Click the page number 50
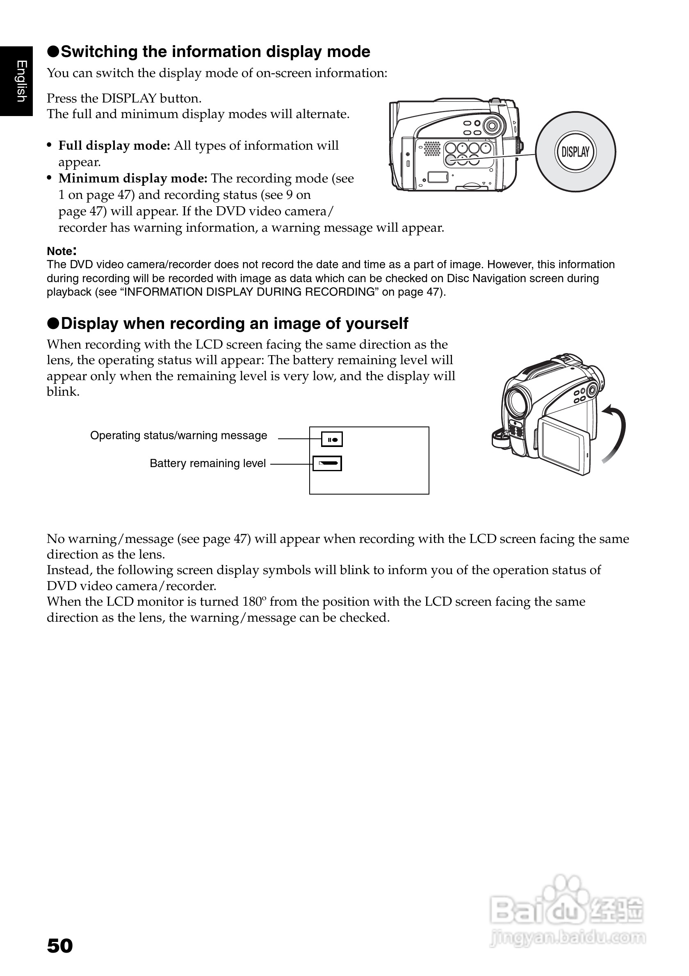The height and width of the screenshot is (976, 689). pos(60,946)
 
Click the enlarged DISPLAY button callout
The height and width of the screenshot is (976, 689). pos(575,152)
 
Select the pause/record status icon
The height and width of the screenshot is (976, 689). pos(331,440)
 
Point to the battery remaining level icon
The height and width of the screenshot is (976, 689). pos(327,463)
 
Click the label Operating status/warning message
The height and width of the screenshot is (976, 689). pos(178,436)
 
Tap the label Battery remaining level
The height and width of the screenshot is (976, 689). pos(208,463)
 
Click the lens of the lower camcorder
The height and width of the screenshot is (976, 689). pos(518,402)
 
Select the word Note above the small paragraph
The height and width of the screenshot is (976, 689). pos(60,251)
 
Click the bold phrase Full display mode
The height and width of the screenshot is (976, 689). pos(114,146)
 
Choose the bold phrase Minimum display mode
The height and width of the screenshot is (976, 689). pos(132,178)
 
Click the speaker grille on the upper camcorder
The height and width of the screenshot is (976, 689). pos(432,148)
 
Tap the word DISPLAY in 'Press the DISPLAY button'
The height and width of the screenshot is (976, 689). pos(129,98)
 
